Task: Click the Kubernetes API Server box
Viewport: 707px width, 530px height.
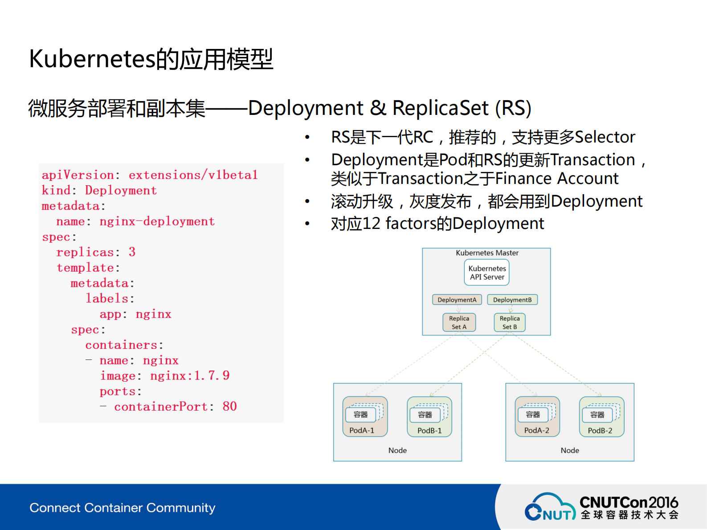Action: coord(487,273)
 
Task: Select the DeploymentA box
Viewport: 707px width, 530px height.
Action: coord(457,300)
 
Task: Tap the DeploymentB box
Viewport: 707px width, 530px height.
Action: coord(512,300)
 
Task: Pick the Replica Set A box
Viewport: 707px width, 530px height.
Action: coord(459,322)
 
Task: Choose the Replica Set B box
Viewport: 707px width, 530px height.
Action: coord(510,322)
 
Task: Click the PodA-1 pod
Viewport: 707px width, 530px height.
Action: coord(365,417)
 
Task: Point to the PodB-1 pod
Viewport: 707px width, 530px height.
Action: coord(429,417)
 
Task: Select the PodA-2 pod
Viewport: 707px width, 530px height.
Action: coord(537,417)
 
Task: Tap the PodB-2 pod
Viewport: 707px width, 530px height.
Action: coord(601,417)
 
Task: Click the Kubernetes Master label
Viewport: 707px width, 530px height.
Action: coord(487,253)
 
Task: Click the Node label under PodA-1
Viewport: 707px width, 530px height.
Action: coord(397,450)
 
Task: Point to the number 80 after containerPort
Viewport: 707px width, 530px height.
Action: coord(229,406)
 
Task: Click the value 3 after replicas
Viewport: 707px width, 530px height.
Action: coord(132,252)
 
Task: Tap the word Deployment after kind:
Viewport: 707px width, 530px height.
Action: coord(121,191)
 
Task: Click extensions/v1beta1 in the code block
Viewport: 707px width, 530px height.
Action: coord(193,175)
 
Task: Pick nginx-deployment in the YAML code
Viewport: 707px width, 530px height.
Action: coord(157,221)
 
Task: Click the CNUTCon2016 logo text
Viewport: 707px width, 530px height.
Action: coord(629,502)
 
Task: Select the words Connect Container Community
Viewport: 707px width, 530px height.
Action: coord(123,508)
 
